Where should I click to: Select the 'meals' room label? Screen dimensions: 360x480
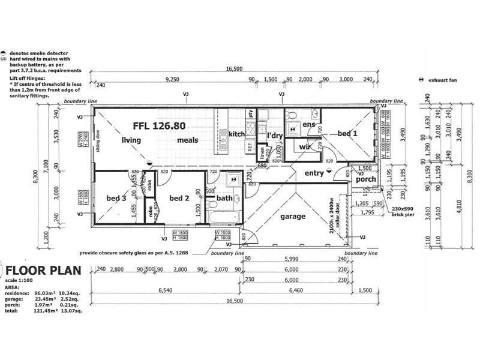[x=187, y=140]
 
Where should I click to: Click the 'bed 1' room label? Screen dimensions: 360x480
[x=347, y=134]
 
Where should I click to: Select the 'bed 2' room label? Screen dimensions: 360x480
[x=179, y=198]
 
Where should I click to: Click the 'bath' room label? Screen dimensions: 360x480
[x=224, y=198]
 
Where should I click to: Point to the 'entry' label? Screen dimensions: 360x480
[x=314, y=173]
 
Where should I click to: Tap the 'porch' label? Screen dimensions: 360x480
[x=365, y=179]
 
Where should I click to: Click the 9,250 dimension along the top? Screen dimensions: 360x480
[x=172, y=79]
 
